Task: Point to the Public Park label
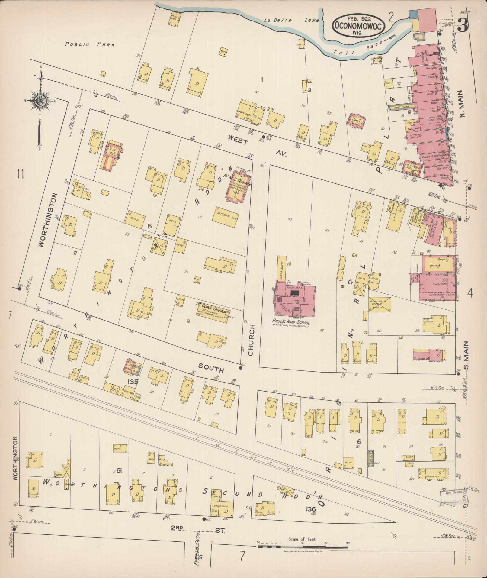90,44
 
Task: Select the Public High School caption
291,321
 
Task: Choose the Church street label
252,340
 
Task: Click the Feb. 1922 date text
358,18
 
